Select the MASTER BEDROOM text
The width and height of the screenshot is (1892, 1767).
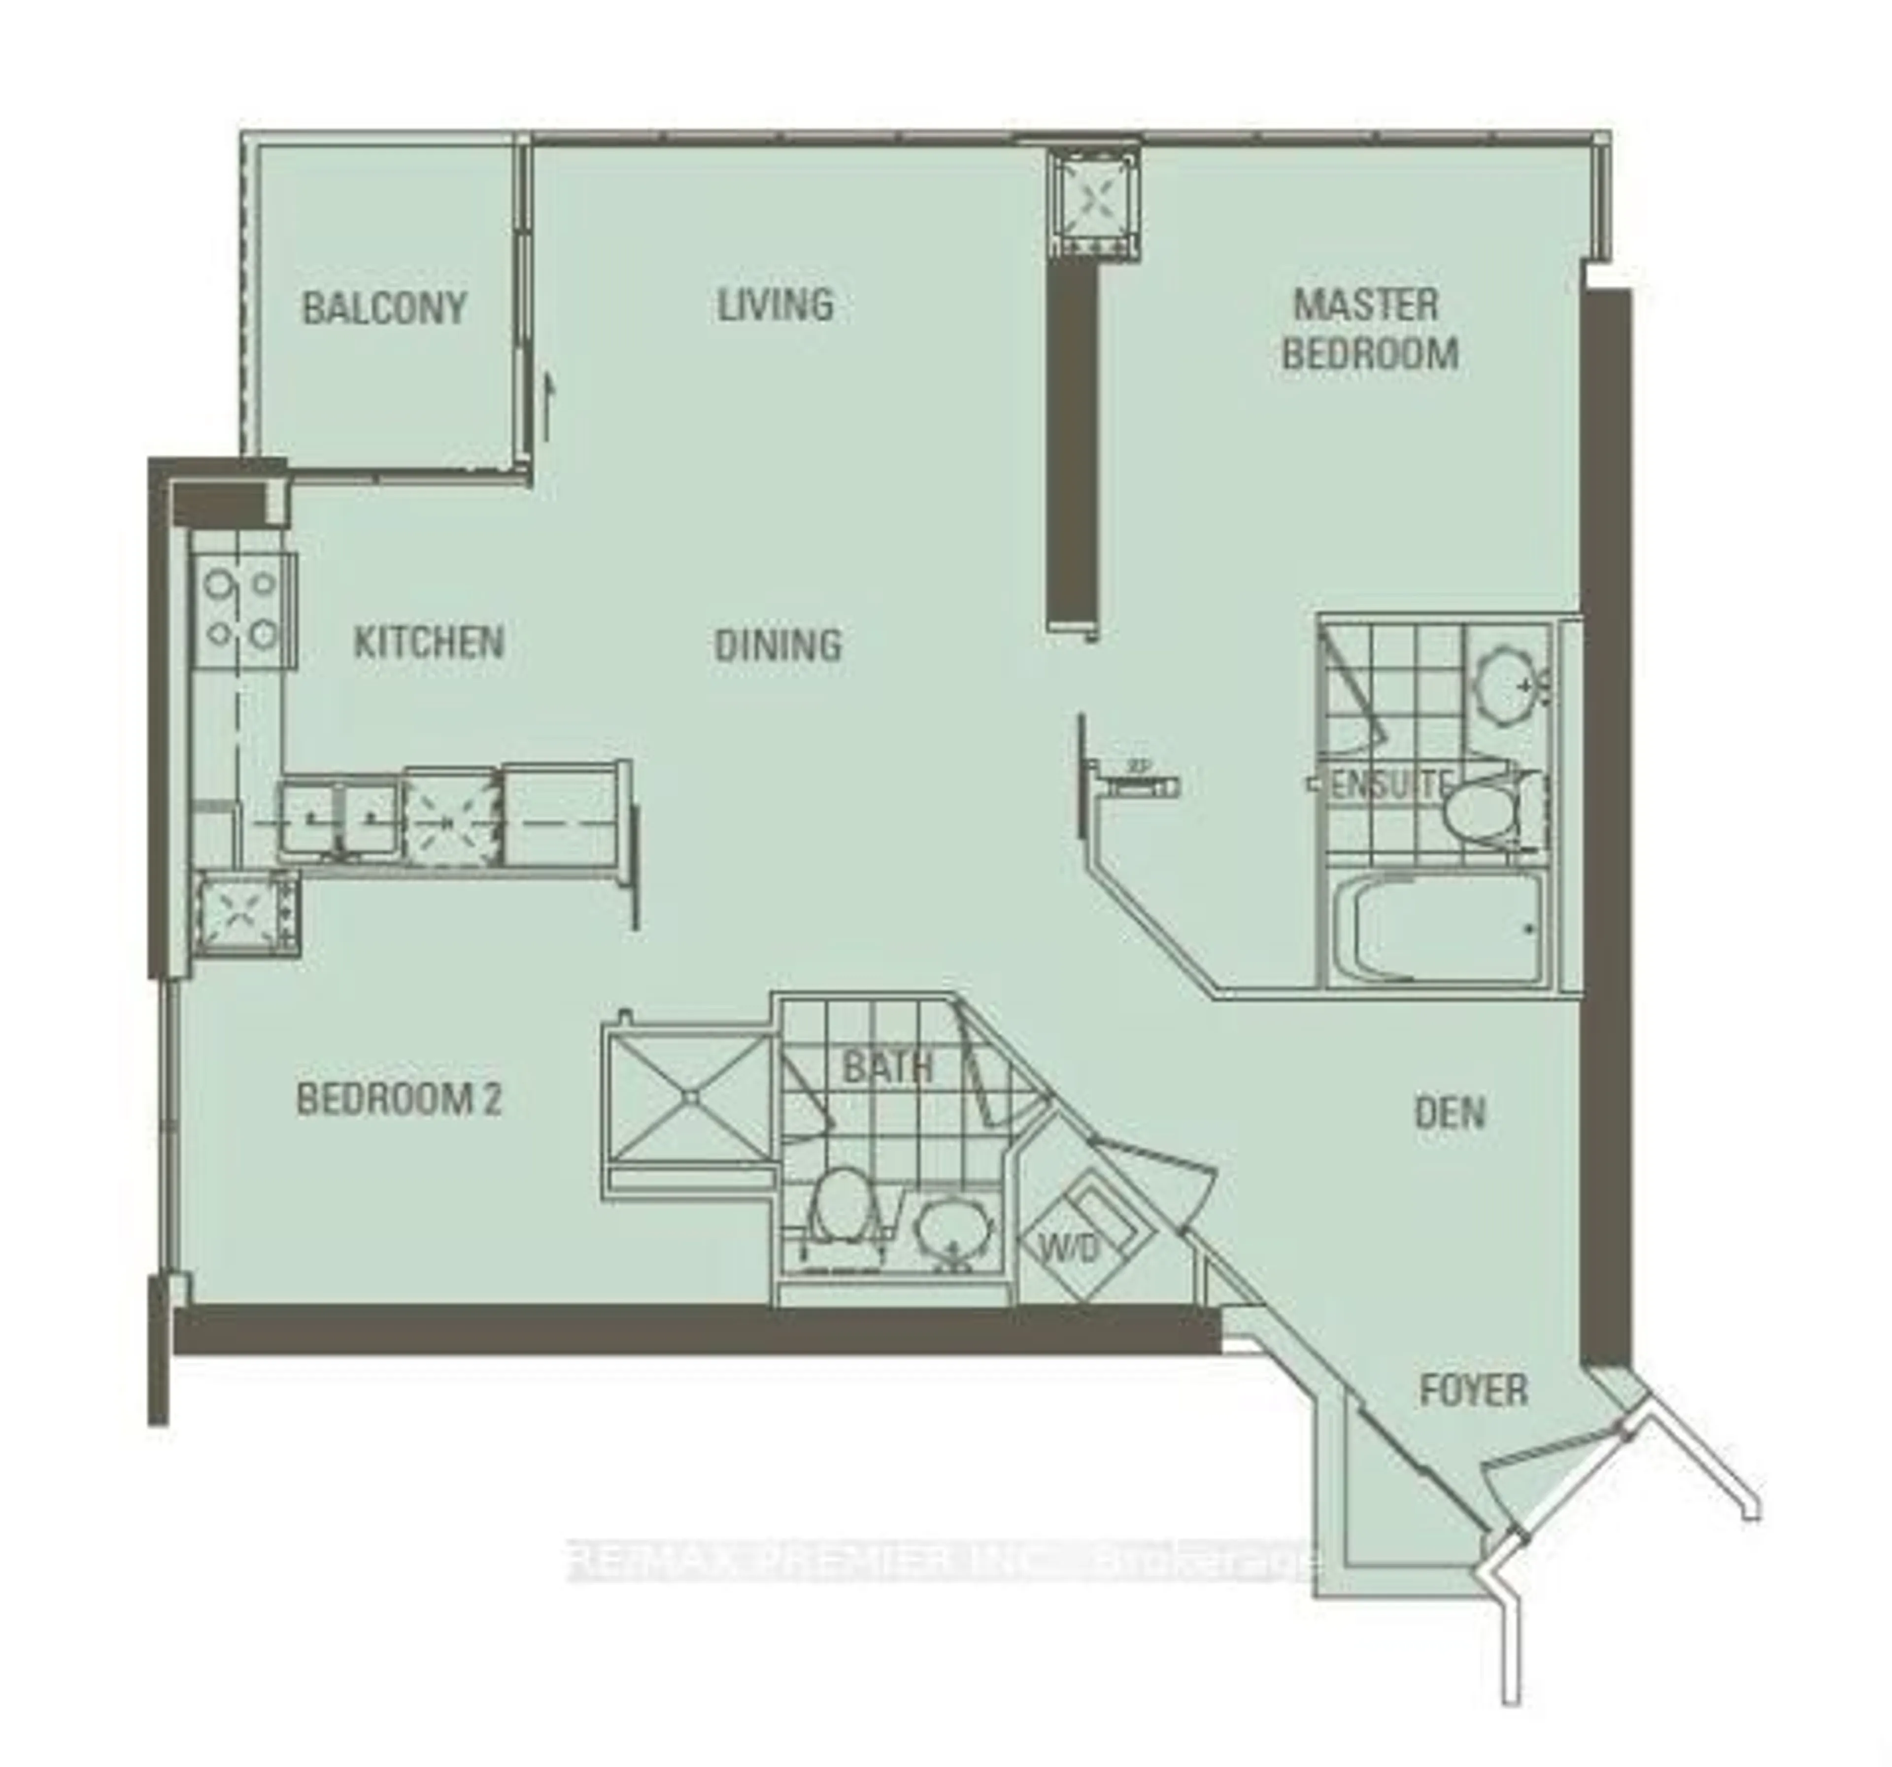(x=1369, y=329)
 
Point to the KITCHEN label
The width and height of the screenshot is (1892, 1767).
(x=428, y=642)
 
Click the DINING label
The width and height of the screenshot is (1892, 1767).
(x=777, y=645)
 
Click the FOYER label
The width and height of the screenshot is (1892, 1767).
(x=1472, y=1390)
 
